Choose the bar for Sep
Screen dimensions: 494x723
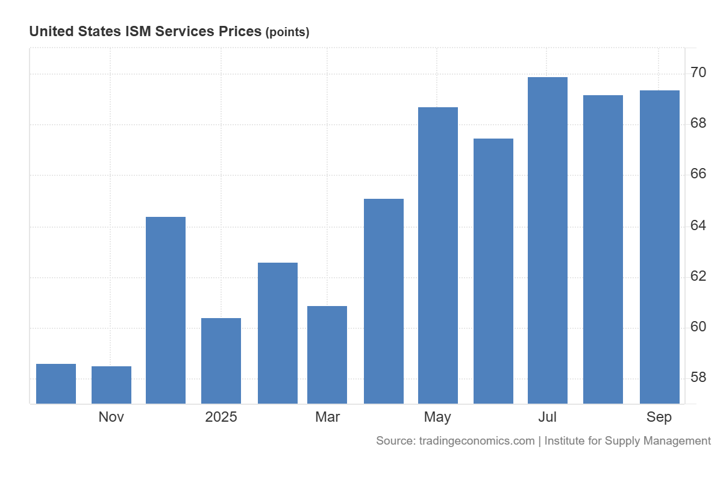660,246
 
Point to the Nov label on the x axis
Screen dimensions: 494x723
111,417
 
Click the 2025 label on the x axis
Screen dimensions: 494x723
221,417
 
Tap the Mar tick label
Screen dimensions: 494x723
327,417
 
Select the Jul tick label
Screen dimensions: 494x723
548,417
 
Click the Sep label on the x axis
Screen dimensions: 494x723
659,417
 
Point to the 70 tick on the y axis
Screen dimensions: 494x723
698,73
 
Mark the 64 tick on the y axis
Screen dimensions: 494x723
698,225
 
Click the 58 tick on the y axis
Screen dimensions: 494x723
698,378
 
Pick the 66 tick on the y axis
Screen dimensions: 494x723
698,174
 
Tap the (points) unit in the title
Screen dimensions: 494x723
287,33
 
